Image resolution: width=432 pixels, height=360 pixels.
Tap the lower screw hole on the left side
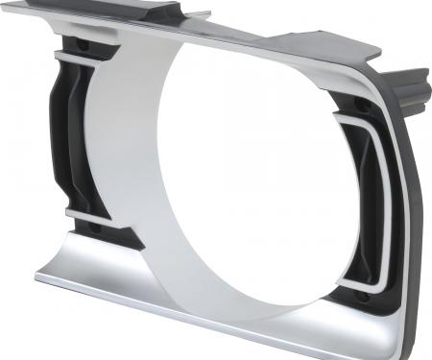pyautogui.click(x=94, y=228)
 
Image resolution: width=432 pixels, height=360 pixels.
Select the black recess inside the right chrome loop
pyautogui.click(x=370, y=202)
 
